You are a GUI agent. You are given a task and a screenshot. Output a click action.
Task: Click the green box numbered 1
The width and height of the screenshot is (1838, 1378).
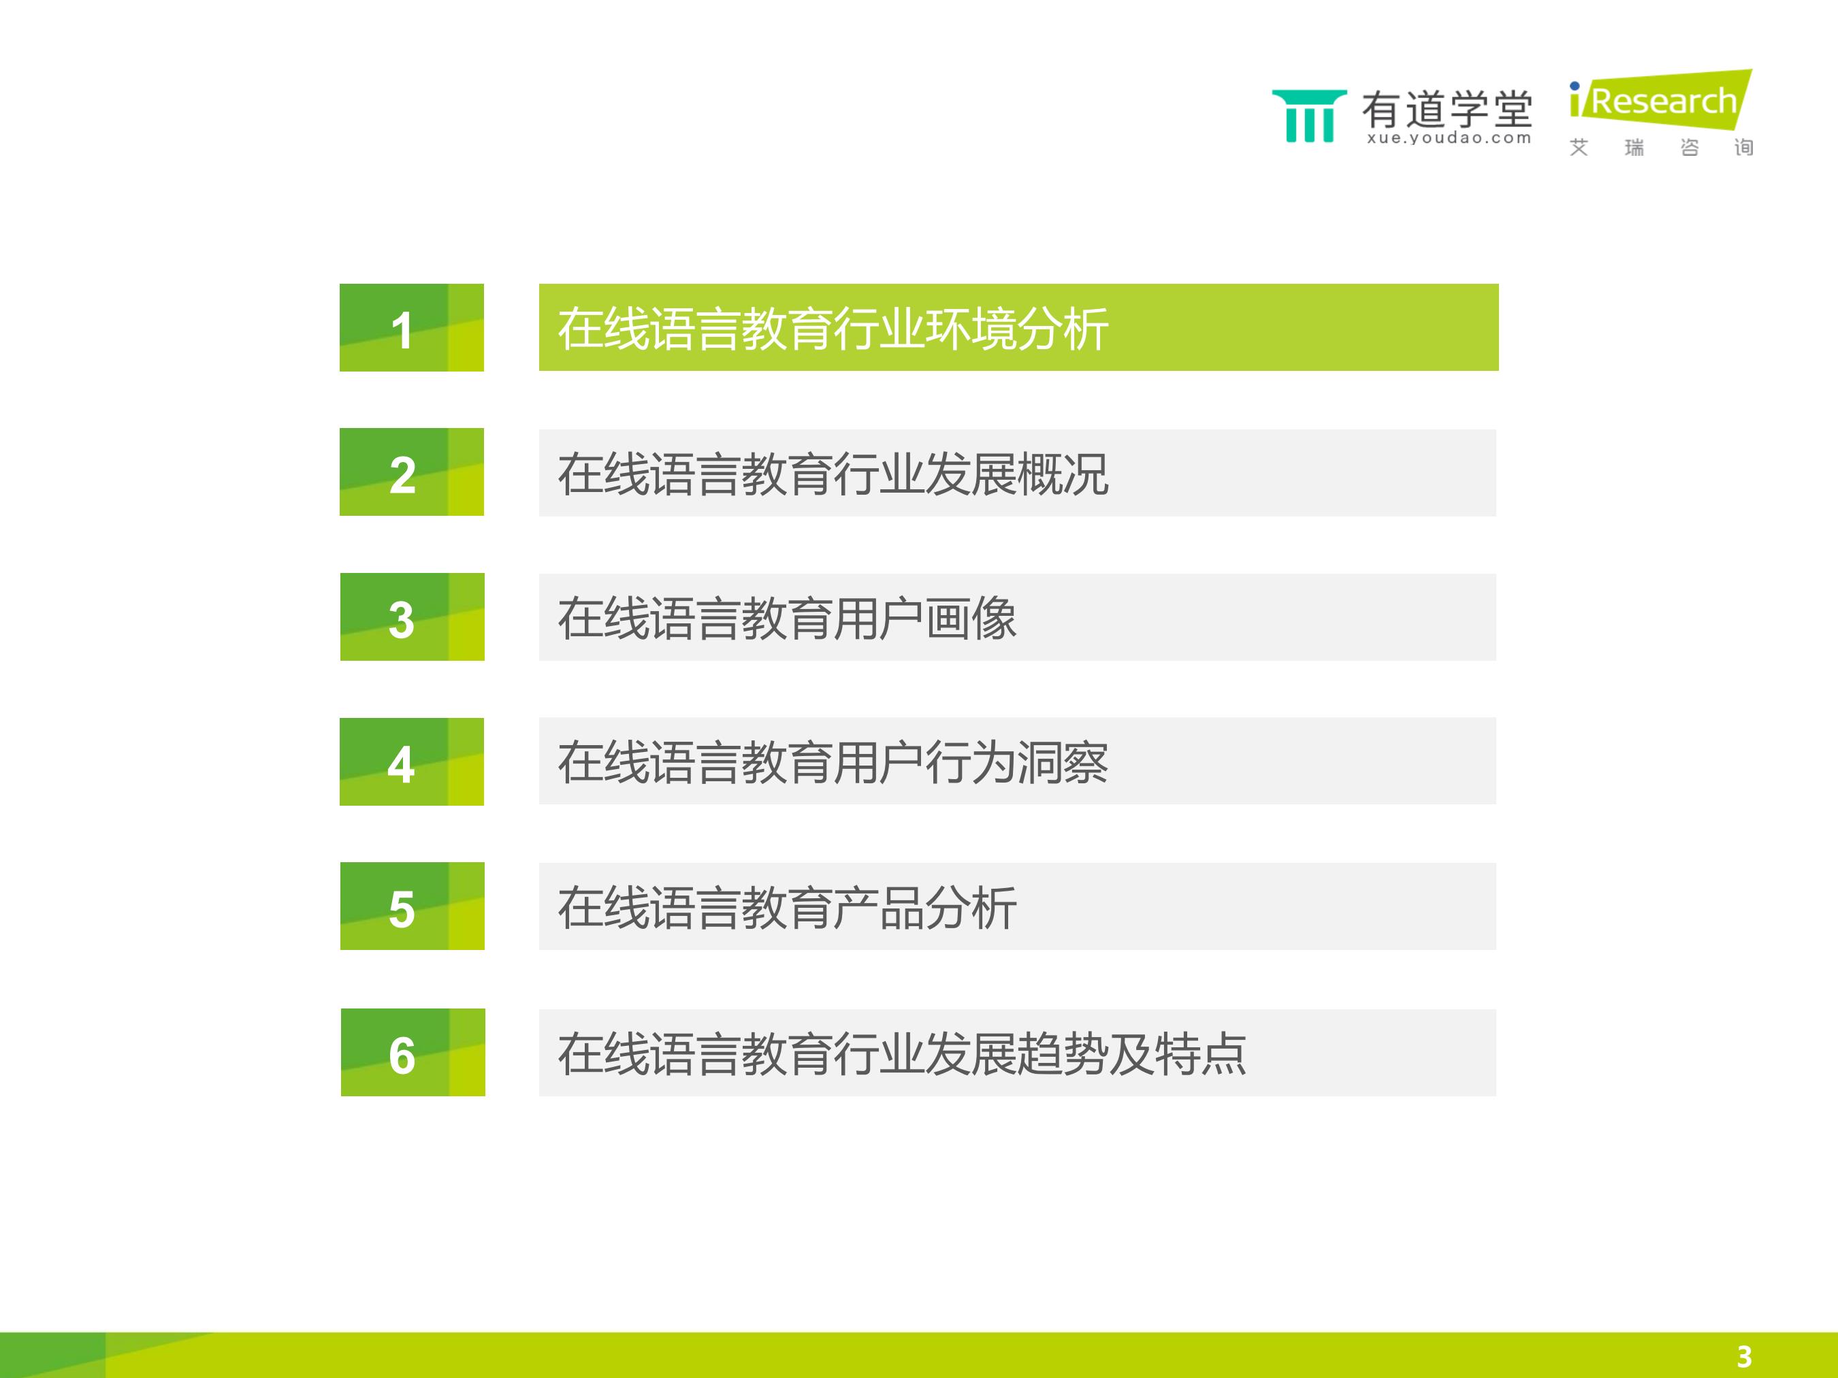coord(411,327)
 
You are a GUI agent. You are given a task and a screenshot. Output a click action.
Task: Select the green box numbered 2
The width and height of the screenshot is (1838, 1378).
coord(411,472)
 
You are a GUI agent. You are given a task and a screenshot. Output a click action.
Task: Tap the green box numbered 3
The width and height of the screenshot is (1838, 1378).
coord(412,617)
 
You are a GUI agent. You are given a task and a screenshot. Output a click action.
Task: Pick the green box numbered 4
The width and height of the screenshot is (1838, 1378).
coord(411,761)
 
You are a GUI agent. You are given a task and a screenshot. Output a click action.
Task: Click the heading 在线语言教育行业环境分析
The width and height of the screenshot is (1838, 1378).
coord(833,329)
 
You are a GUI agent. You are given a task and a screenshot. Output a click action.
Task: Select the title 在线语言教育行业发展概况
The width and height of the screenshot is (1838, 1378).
coord(833,474)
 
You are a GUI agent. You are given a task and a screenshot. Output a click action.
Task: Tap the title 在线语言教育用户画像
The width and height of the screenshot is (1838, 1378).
coord(787,619)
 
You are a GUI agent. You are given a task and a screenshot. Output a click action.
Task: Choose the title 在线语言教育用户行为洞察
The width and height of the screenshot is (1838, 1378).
coord(833,763)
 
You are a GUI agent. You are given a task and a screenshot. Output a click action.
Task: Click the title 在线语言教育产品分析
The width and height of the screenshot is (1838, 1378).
coord(787,908)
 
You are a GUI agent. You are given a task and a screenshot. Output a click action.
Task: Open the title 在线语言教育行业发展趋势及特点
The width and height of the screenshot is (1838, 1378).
coord(901,1054)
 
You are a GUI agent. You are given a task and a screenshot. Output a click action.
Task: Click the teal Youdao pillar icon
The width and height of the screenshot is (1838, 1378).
coord(1310,116)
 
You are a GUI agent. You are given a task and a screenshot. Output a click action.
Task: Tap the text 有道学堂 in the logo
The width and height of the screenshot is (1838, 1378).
coord(1447,109)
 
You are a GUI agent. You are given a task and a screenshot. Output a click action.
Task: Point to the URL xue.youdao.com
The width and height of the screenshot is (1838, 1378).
coord(1449,138)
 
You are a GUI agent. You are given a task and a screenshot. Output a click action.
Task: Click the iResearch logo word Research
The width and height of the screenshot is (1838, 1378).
coord(1664,101)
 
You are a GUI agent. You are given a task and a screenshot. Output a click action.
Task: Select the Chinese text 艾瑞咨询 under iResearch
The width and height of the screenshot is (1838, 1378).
coord(1661,148)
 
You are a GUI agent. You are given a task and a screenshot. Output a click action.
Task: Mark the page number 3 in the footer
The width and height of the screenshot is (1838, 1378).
coord(1744,1356)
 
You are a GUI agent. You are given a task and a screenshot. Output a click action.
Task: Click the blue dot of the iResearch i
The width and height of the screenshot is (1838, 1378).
coord(1575,86)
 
